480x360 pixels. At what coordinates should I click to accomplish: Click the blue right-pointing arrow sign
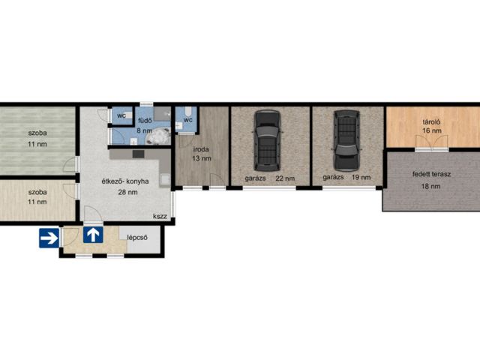(49, 238)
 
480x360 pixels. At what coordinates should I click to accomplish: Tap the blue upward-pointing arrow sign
(93, 235)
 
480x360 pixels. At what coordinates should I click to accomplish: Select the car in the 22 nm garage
(267, 140)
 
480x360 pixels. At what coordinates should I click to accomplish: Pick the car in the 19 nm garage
(346, 140)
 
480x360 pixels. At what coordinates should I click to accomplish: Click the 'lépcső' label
(137, 238)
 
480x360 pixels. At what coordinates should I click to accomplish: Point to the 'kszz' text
(160, 217)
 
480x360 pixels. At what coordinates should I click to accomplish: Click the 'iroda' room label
(201, 149)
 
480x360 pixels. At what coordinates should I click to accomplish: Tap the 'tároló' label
(432, 122)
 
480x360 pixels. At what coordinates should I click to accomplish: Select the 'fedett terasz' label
(431, 175)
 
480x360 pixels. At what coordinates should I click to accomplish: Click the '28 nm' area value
(127, 192)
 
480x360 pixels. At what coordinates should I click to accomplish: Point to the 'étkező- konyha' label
(125, 181)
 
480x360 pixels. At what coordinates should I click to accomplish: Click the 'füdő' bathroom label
(145, 121)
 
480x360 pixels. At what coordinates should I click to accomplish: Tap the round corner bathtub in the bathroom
(157, 136)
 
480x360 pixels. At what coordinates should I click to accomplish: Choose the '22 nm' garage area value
(285, 178)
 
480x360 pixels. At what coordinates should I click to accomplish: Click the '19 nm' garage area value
(361, 177)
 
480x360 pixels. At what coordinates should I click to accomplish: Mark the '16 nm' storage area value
(432, 130)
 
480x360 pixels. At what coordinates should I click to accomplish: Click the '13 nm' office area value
(202, 158)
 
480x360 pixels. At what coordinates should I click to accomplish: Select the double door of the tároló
(432, 142)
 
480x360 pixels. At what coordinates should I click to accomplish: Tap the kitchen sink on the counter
(165, 180)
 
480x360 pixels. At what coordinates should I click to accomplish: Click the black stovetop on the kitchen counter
(138, 154)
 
